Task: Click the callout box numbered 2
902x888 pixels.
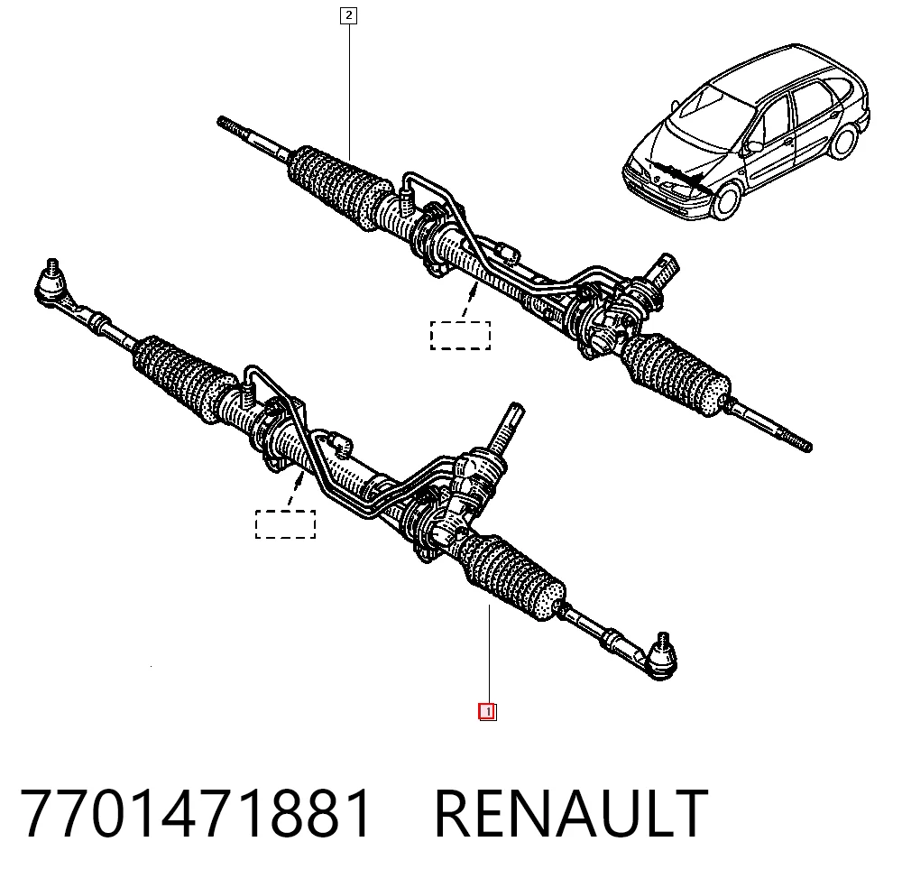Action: [348, 15]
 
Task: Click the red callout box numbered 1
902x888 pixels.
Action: [487, 712]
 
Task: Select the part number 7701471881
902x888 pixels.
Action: [196, 813]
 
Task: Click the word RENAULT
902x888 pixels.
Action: [571, 813]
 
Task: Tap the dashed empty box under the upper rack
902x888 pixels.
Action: [461, 336]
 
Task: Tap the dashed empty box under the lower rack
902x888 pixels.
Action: [285, 524]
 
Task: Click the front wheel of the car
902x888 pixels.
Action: [726, 199]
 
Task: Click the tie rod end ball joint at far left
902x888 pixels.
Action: [51, 282]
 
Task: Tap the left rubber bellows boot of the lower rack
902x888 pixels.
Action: [184, 377]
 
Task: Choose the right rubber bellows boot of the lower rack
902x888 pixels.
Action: [513, 577]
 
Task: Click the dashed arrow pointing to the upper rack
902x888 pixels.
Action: [470, 301]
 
